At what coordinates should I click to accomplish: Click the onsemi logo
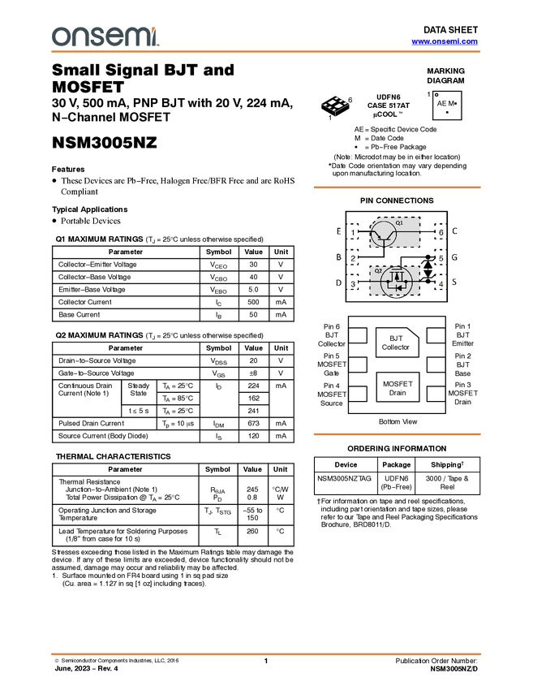coord(105,37)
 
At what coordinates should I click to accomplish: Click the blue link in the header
coord(445,41)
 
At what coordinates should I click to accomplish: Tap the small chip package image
coord(335,104)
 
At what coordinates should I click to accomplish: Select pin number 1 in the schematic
coord(354,233)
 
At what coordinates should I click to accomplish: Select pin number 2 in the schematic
coord(354,258)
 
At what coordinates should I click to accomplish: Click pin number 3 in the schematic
coord(354,284)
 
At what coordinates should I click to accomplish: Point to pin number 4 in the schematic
coord(441,284)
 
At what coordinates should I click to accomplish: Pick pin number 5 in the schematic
coord(441,258)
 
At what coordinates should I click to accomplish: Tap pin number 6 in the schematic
coord(441,233)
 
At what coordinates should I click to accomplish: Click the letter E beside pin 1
coord(339,231)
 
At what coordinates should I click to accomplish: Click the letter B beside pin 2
coord(339,257)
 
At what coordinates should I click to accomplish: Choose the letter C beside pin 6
coord(454,231)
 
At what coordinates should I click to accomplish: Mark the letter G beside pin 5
coord(454,257)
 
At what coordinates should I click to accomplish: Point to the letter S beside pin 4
coord(454,282)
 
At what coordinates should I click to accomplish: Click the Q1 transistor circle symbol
coord(384,234)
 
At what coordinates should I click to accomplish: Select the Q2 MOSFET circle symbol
coord(396,282)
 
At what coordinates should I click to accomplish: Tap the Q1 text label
coord(399,222)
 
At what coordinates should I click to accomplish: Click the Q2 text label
coord(378,270)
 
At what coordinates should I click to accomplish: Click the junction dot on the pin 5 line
coord(428,257)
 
